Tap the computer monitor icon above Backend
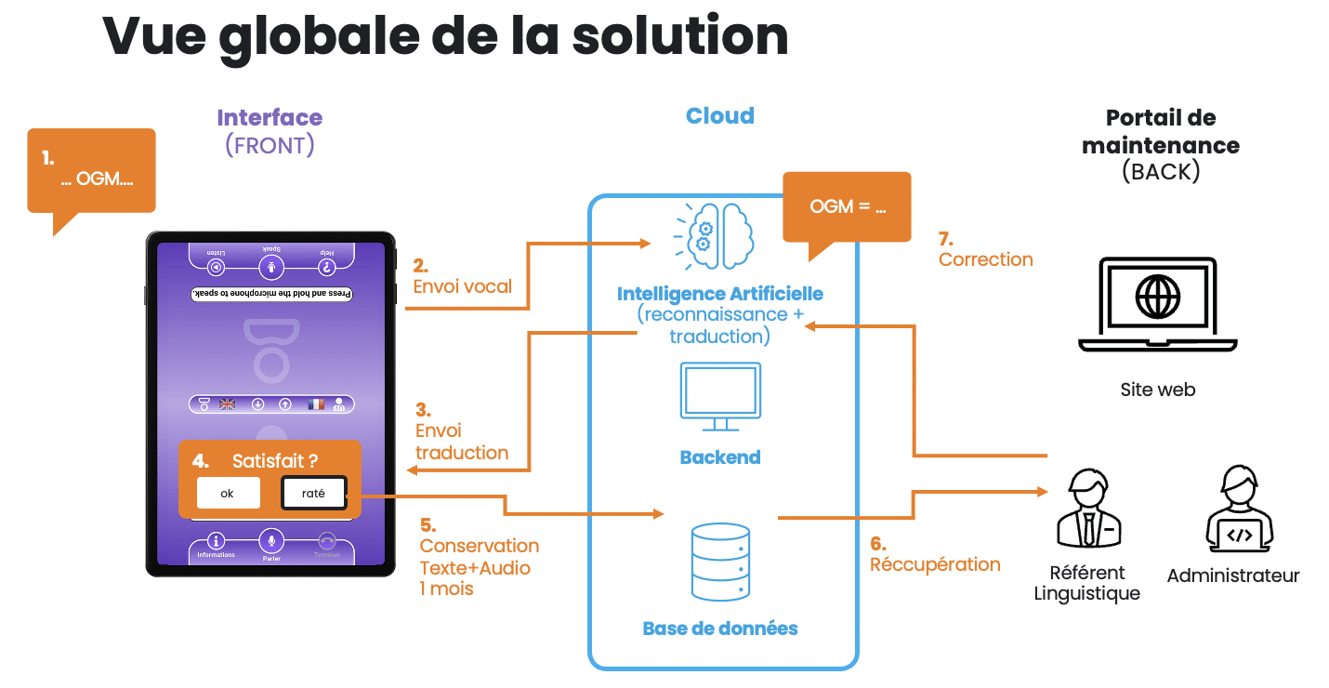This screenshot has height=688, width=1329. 720,396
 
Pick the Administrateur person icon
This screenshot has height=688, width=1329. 1232,509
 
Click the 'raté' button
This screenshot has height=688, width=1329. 313,494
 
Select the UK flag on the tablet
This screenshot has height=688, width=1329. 228,404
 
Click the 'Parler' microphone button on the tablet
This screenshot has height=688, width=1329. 271,541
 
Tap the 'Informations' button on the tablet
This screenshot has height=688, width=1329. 217,543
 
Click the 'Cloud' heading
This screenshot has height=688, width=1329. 720,116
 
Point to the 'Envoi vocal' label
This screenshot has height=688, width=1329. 463,286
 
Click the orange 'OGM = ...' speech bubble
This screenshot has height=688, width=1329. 847,207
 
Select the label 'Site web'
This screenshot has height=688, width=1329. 1157,390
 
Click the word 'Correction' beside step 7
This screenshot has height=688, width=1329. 985,259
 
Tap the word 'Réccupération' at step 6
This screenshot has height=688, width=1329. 935,564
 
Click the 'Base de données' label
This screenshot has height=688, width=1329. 720,628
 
